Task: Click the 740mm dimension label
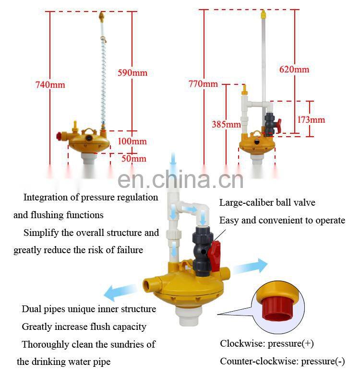pyautogui.click(x=50, y=85)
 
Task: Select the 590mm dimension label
pyautogui.click(x=132, y=73)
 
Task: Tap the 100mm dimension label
pyautogui.click(x=132, y=141)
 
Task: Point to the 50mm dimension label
pyautogui.click(x=134, y=159)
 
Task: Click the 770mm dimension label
pyautogui.click(x=203, y=84)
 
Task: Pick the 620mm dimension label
pyautogui.click(x=294, y=70)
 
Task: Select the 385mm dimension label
pyautogui.click(x=226, y=124)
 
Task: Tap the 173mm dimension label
pyautogui.click(x=311, y=120)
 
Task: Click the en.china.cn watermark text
pyautogui.click(x=180, y=179)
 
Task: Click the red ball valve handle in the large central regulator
pyautogui.click(x=214, y=255)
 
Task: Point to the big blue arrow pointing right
pyautogui.click(x=250, y=266)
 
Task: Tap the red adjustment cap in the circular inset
pyautogui.click(x=277, y=309)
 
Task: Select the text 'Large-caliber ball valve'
pyautogui.click(x=267, y=202)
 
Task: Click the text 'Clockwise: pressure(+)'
pyautogui.click(x=267, y=343)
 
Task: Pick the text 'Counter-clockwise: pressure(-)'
pyautogui.click(x=282, y=362)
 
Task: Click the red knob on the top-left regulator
pyautogui.click(x=59, y=136)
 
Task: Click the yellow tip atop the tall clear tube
pyautogui.click(x=263, y=14)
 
